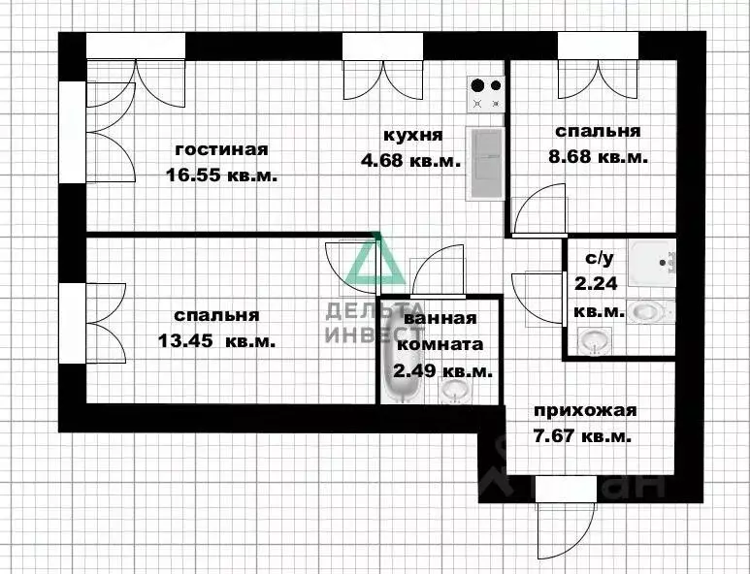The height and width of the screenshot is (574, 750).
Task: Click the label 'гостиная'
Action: (x=221, y=149)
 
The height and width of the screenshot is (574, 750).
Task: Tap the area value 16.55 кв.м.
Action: (x=221, y=176)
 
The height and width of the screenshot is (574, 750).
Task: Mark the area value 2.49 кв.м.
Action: (x=441, y=370)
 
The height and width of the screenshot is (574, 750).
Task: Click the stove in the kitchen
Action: (x=486, y=94)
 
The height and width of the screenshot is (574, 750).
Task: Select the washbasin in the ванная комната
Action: (x=454, y=390)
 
